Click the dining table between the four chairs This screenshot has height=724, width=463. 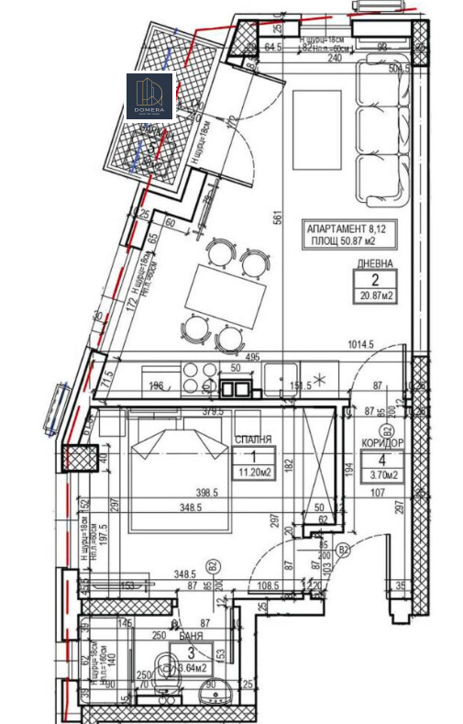click(x=213, y=293)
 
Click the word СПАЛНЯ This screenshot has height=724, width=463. click(x=252, y=440)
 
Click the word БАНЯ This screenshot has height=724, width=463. click(x=191, y=635)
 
